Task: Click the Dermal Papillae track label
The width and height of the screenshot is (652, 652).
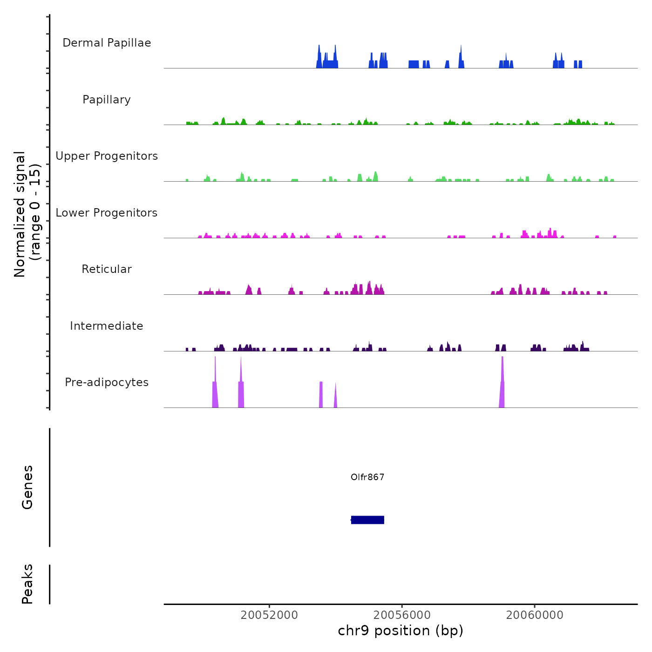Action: [x=107, y=43]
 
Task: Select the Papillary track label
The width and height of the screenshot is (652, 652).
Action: [x=107, y=100]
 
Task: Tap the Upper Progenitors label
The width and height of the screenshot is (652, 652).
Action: [x=107, y=156]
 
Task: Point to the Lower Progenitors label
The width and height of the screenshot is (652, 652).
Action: [x=107, y=213]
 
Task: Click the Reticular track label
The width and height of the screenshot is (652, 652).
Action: [x=107, y=269]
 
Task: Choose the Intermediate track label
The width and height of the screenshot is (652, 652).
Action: [x=107, y=326]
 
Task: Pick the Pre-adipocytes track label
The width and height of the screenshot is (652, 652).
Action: [x=107, y=382]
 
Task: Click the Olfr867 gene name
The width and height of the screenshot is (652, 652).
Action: [x=367, y=477]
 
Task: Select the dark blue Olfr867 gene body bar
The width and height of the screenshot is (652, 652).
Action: [x=367, y=520]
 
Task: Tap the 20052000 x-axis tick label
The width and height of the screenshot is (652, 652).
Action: [x=269, y=615]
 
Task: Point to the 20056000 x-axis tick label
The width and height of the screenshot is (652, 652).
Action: [x=402, y=615]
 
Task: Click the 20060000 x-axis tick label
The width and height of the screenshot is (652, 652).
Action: [x=535, y=615]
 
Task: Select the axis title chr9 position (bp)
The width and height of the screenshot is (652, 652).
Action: [x=401, y=631]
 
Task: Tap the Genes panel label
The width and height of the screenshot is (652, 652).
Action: [x=27, y=487]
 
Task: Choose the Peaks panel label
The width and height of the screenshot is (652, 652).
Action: [x=27, y=584]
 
